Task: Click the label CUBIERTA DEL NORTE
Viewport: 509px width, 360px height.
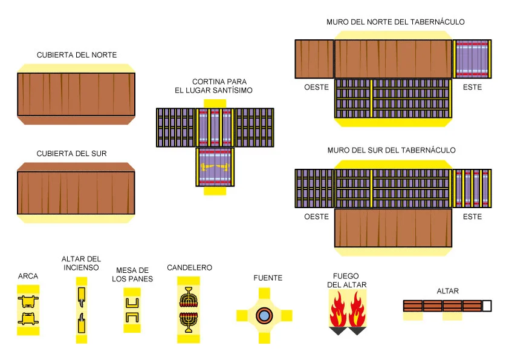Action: click(x=77, y=55)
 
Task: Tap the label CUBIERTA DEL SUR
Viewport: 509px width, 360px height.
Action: click(x=71, y=153)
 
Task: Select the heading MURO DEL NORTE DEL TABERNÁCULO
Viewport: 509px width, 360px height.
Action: click(x=395, y=22)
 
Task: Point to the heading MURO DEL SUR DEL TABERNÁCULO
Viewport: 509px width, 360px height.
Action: click(x=391, y=150)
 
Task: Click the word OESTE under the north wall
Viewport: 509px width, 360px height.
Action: click(x=316, y=87)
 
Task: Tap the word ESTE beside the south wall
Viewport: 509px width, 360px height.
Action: click(x=472, y=217)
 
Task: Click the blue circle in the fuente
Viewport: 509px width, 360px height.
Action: click(x=264, y=315)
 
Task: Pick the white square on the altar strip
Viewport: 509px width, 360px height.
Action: click(x=487, y=306)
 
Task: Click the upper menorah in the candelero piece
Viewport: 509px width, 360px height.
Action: click(x=188, y=297)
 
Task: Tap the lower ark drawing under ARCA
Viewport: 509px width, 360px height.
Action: click(x=28, y=319)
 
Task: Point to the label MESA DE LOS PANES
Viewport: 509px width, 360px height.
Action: click(x=132, y=275)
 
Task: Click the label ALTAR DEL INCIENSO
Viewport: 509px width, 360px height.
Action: click(x=81, y=263)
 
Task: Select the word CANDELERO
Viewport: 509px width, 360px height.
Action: click(x=190, y=267)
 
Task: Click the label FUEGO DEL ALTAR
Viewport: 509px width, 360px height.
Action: click(x=346, y=280)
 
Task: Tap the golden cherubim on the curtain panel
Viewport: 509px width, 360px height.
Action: click(x=215, y=167)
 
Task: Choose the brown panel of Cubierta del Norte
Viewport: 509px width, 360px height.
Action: click(x=76, y=94)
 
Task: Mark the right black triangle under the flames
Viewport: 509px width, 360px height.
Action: click(x=357, y=331)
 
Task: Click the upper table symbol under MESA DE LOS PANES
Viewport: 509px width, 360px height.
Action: click(x=132, y=303)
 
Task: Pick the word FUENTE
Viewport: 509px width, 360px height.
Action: click(x=268, y=278)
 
